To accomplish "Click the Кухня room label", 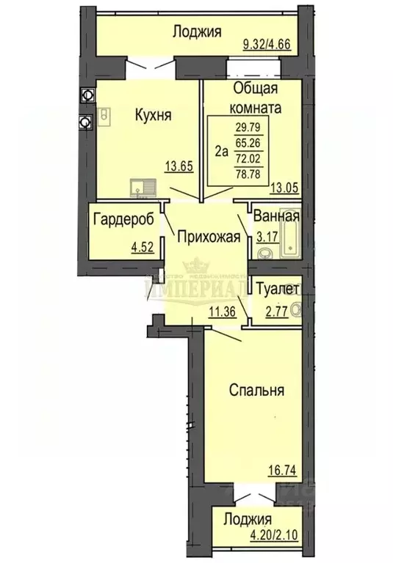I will pos(153,114).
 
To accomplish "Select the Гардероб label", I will pos(121,218).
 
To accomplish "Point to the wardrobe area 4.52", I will pos(144,246).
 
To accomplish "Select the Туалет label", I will pos(277,289).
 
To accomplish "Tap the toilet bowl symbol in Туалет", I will pos(297,310).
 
